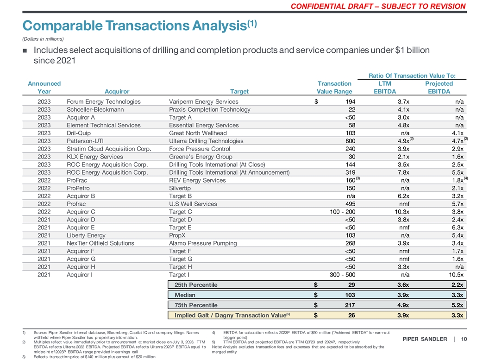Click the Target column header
(x=239, y=92)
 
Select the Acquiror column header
(x=117, y=92)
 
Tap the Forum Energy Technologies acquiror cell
(x=104, y=102)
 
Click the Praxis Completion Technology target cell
(x=210, y=110)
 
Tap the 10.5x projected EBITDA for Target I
(x=456, y=275)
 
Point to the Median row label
(x=185, y=295)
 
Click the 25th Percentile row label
(x=196, y=285)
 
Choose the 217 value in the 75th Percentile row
(x=349, y=305)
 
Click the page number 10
(x=464, y=340)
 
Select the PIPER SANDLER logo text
(x=424, y=340)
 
